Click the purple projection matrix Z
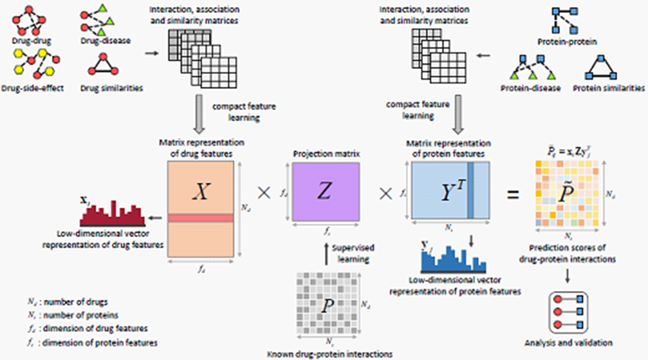tap(323, 191)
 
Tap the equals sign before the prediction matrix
tap(512, 194)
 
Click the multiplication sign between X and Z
tap(264, 193)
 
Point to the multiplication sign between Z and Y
tap(386, 193)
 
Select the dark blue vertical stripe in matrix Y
tap(471, 190)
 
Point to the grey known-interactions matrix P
tap(325, 306)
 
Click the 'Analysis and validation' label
tap(568, 342)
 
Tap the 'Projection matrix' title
tap(323, 153)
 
